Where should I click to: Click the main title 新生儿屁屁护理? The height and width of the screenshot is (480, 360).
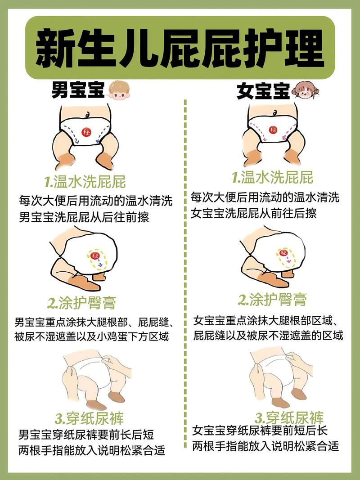(x=180, y=49)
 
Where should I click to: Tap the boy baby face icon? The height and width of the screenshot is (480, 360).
(x=119, y=90)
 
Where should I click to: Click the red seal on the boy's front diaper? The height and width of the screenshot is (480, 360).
(x=86, y=132)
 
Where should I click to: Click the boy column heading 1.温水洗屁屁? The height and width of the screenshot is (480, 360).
(x=85, y=182)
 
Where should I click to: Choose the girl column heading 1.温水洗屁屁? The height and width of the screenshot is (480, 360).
(x=272, y=177)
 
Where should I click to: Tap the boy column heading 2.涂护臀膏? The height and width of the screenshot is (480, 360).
(x=82, y=303)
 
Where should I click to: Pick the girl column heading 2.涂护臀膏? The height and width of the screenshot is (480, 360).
(x=272, y=300)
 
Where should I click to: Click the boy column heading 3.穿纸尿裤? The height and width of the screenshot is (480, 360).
(x=90, y=418)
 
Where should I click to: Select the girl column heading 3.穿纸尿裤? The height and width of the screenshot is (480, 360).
(x=289, y=417)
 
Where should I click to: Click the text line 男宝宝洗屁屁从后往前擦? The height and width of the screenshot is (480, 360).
(x=84, y=217)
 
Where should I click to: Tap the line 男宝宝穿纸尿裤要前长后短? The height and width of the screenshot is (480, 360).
(x=86, y=435)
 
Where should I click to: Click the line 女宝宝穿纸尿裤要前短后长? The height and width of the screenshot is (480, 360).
(x=260, y=431)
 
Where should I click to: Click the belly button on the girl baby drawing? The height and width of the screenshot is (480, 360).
(x=274, y=112)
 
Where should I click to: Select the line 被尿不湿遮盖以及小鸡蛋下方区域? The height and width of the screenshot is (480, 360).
(x=91, y=336)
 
